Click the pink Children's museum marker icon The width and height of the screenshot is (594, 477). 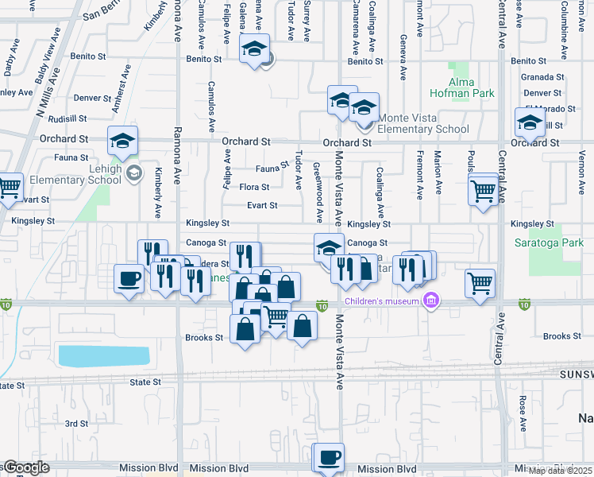point(431,300)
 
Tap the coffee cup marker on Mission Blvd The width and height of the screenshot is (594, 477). point(329,457)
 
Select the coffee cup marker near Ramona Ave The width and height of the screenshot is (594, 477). point(129,279)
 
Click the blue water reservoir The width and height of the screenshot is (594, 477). point(104,356)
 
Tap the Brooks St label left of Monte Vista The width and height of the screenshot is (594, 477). point(204,338)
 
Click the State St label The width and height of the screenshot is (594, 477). point(146,382)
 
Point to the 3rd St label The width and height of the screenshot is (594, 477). point(76,424)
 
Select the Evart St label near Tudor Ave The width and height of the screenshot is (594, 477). point(261,205)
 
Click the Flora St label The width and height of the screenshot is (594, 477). point(255,188)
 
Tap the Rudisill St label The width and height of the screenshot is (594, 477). point(67,118)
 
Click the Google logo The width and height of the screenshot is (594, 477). point(26,467)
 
